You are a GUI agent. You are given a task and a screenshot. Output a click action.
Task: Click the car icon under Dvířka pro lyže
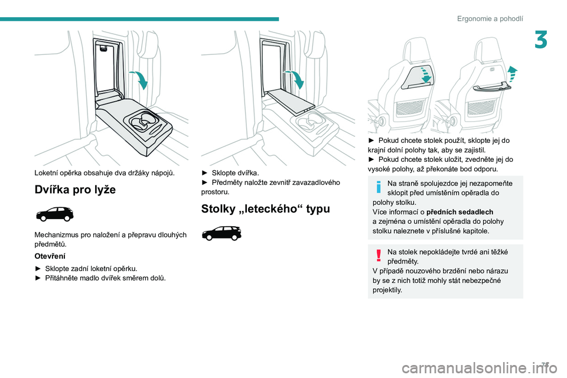pos(54,214)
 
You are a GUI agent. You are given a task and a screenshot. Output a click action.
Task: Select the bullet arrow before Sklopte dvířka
pos(205,172)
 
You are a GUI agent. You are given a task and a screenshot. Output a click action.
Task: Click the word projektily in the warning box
pos(386,290)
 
